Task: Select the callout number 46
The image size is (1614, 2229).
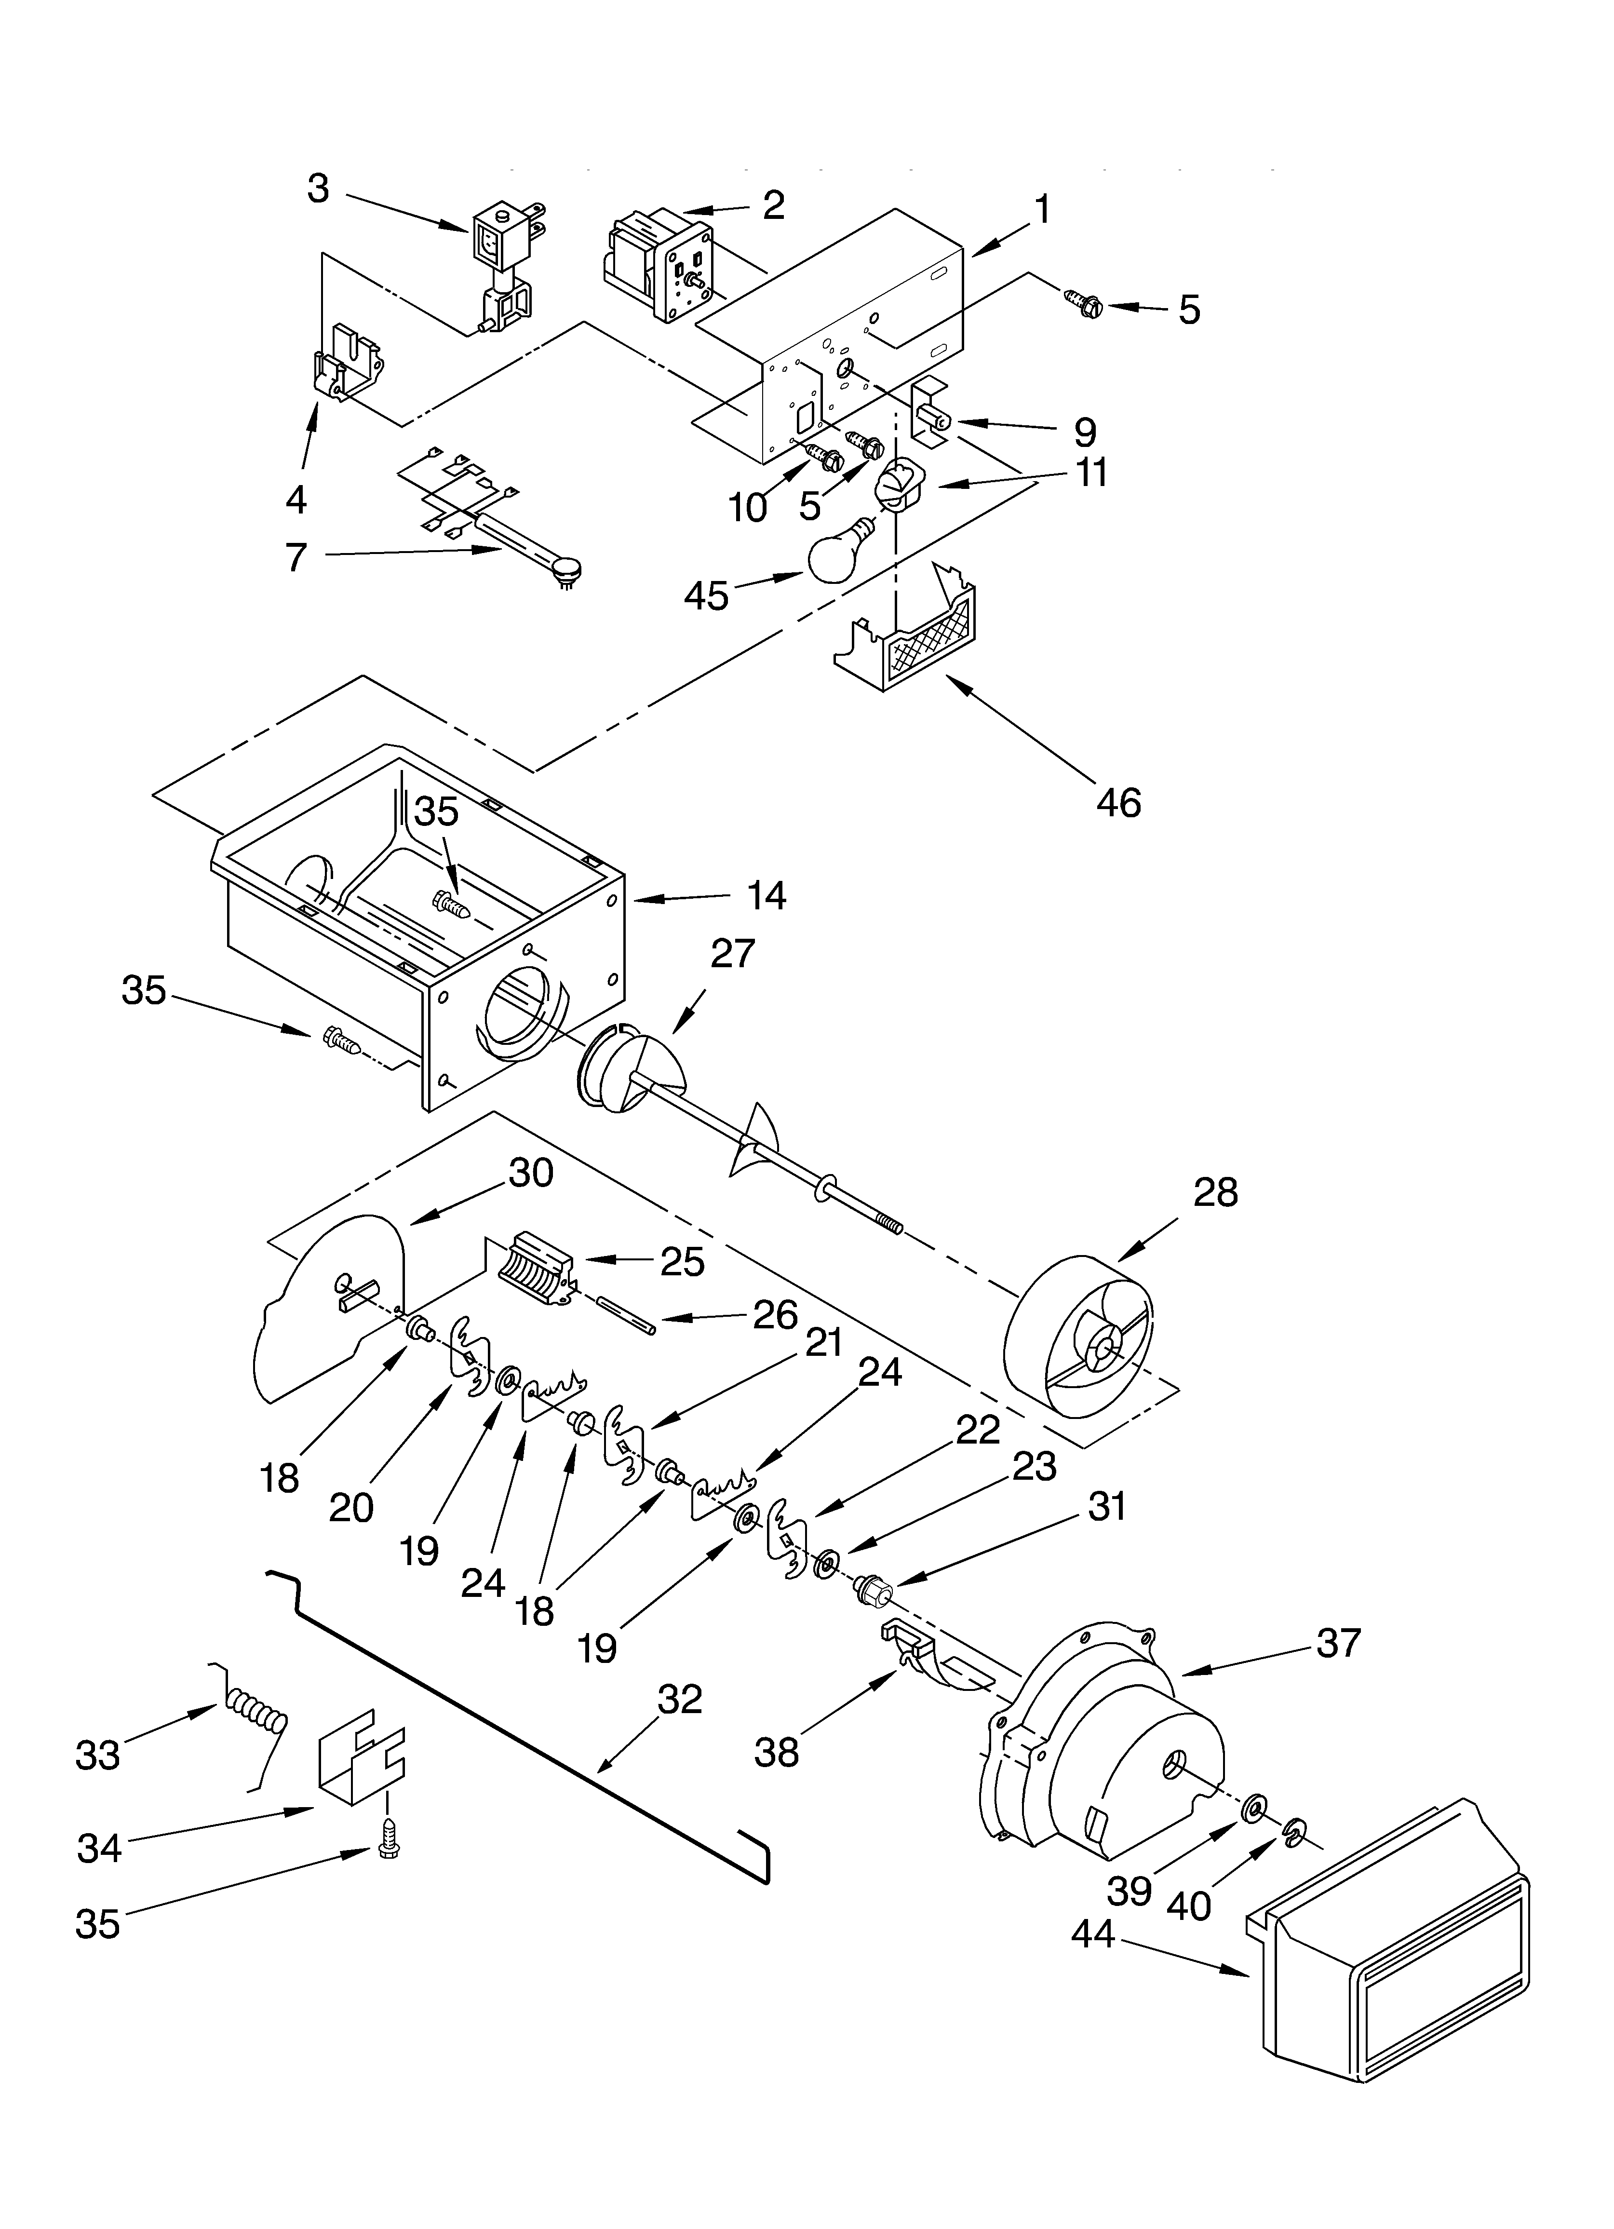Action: [1118, 803]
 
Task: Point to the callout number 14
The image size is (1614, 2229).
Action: [766, 895]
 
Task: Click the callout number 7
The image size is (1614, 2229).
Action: [296, 557]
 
